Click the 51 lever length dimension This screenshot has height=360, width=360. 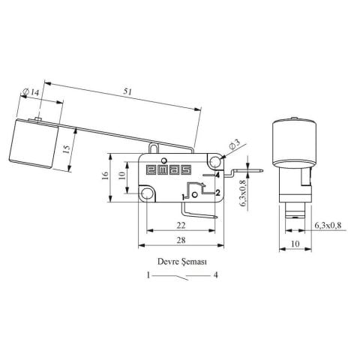tap(127, 91)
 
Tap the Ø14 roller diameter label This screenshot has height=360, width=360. tap(31, 92)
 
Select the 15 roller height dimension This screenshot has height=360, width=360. tap(67, 149)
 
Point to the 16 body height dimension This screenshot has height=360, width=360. tap(106, 175)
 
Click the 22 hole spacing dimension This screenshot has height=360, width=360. tap(181, 226)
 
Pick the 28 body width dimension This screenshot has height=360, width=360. tap(181, 240)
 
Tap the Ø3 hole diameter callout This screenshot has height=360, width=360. tap(234, 145)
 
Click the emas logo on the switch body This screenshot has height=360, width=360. tap(169, 170)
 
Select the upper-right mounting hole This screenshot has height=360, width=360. tap(215, 161)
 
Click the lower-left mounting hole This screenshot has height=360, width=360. tap(146, 193)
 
